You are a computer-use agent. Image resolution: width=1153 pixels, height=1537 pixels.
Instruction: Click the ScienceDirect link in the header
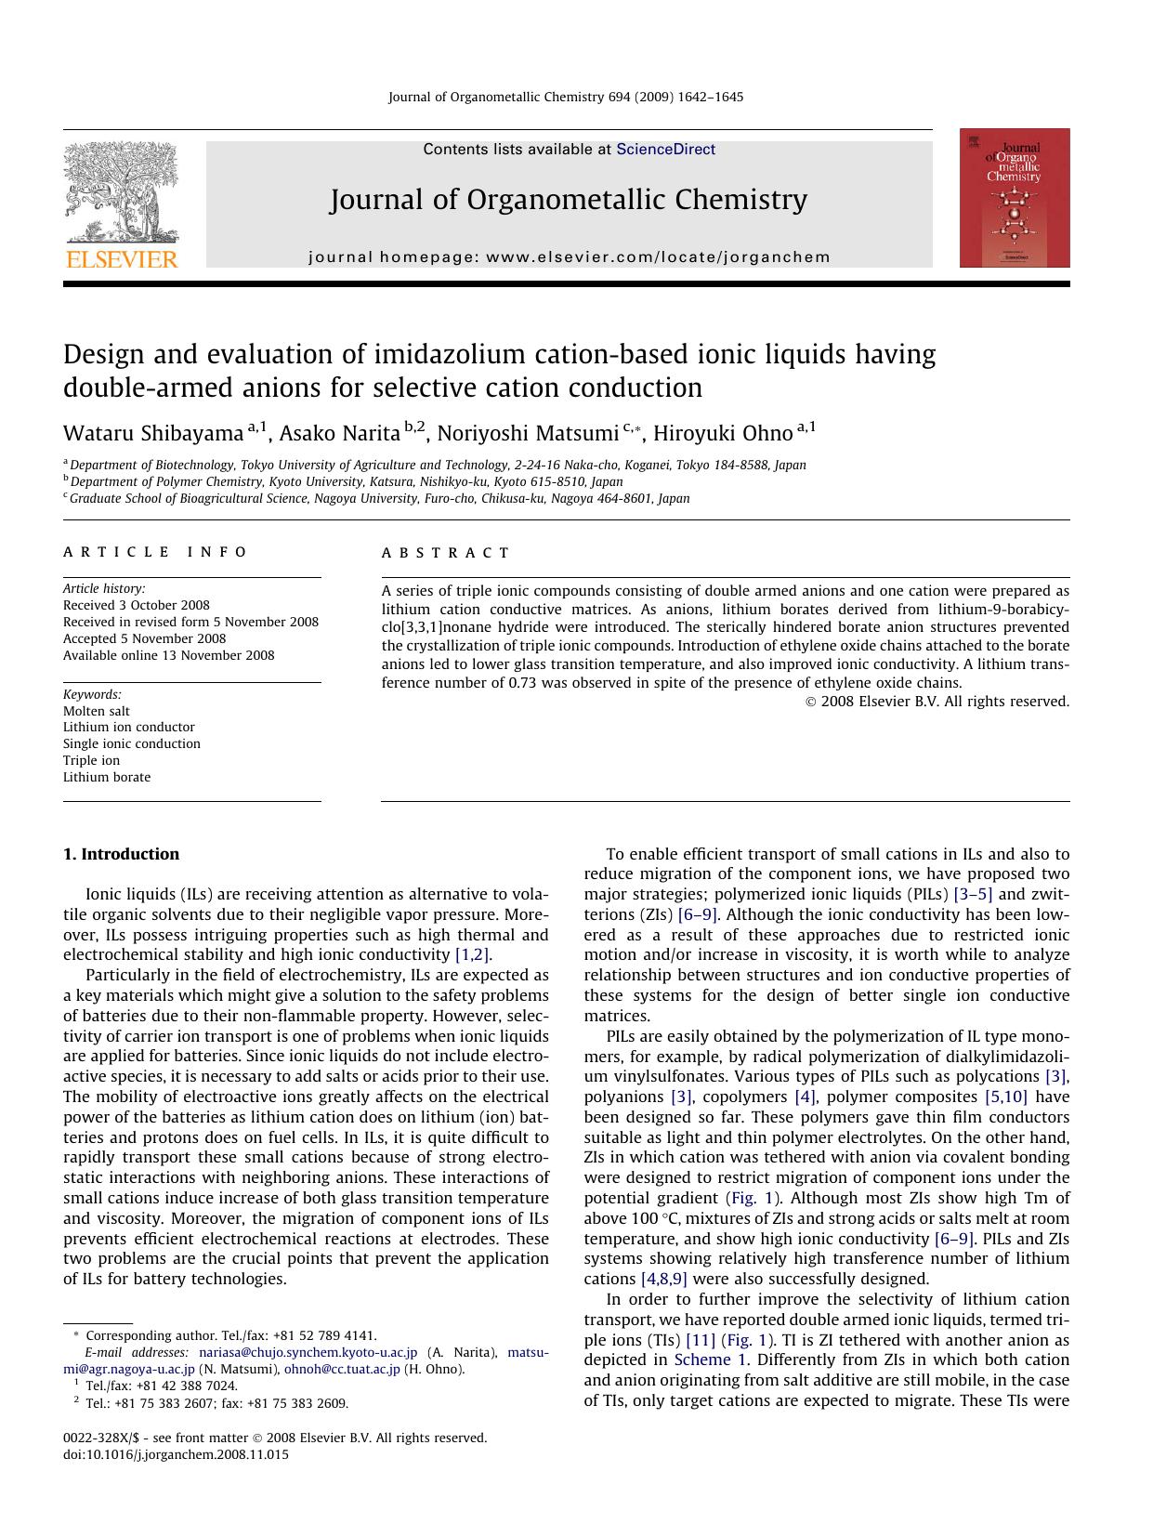click(665, 149)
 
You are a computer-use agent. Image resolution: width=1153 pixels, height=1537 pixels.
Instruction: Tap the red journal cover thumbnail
click(1014, 198)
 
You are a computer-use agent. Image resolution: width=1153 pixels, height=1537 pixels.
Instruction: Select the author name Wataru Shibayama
click(153, 434)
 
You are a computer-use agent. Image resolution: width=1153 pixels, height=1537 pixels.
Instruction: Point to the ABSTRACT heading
click(446, 553)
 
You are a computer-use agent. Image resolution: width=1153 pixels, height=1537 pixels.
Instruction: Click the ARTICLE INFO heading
click(155, 552)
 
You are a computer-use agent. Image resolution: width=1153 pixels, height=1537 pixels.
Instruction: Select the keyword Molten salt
click(97, 711)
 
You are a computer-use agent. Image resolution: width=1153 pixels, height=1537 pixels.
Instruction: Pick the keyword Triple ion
click(91, 760)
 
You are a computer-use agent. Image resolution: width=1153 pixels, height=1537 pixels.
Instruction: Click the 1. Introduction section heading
click(121, 854)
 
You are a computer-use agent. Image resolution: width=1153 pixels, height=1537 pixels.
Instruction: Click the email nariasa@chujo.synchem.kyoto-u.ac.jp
click(308, 1352)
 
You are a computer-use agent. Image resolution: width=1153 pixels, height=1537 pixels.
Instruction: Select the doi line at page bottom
click(176, 1454)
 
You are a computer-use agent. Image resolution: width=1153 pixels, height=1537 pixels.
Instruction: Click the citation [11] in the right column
click(700, 1340)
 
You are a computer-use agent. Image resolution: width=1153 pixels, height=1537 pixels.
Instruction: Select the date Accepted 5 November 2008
click(144, 638)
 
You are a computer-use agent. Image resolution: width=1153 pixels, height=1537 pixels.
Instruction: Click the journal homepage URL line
click(569, 257)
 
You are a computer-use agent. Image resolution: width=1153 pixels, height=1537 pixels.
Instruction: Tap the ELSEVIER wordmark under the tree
click(121, 259)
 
